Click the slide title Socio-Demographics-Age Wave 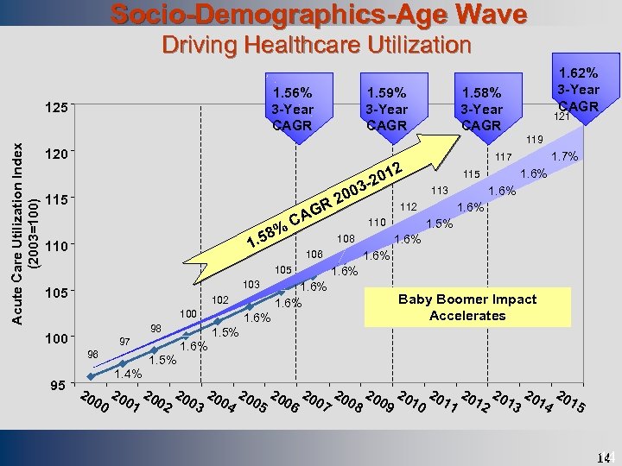click(319, 15)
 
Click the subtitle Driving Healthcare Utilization click(318, 45)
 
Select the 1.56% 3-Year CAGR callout click(292, 108)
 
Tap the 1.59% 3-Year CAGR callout click(386, 108)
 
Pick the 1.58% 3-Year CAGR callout click(481, 108)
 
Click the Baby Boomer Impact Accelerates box click(466, 307)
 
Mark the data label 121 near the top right click(562, 116)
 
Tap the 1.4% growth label click(128, 374)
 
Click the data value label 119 click(535, 137)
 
